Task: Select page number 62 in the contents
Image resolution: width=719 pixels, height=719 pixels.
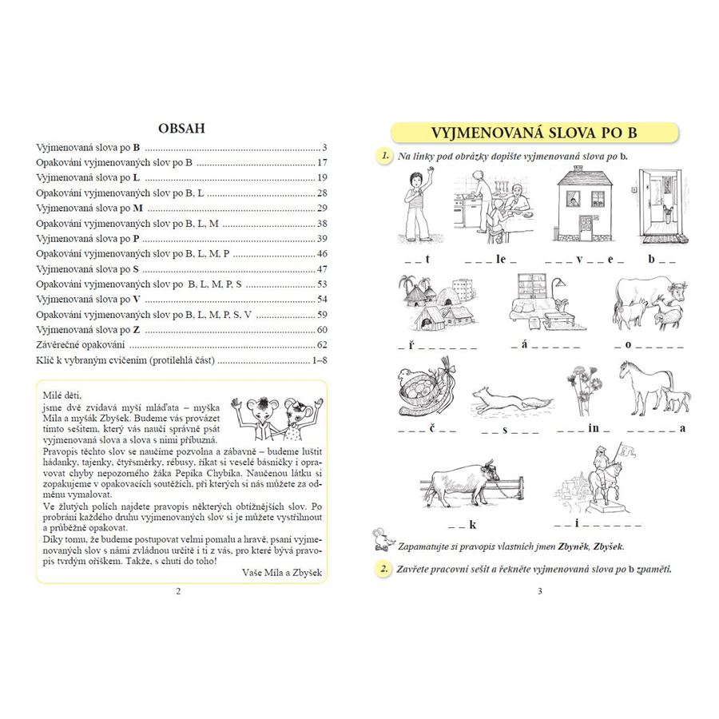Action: pos(322,345)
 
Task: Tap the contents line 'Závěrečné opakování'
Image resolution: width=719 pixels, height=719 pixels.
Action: pos(81,345)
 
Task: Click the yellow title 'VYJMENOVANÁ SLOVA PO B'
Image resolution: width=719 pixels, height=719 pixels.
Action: pos(534,133)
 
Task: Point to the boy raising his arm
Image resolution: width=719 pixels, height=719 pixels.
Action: pos(416,205)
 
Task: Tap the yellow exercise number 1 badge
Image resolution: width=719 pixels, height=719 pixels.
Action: pos(384,155)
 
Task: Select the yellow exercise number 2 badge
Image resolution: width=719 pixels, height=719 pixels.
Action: pos(384,569)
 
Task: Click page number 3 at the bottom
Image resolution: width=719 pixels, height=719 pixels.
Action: pos(539,592)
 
